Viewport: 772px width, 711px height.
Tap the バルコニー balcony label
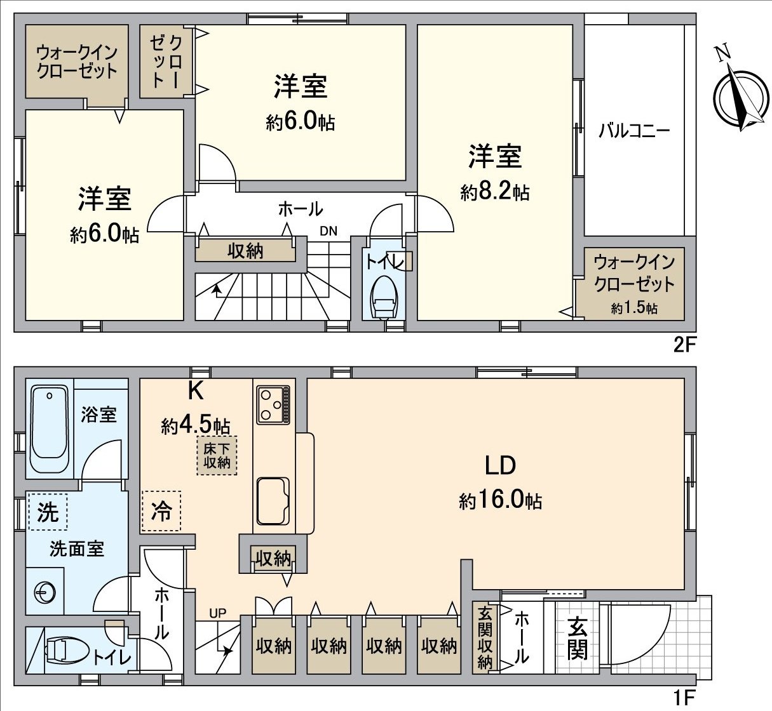click(633, 131)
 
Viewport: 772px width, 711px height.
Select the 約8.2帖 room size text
click(495, 191)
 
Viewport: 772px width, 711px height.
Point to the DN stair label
click(328, 231)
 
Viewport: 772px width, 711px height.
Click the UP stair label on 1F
click(218, 613)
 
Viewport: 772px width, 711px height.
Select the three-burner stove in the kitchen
click(274, 404)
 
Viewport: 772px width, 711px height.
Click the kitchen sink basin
click(273, 501)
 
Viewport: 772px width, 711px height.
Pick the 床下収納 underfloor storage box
click(217, 455)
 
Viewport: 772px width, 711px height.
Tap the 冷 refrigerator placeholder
click(161, 510)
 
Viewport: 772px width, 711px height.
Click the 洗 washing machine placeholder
click(48, 512)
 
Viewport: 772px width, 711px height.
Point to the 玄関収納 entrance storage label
click(485, 638)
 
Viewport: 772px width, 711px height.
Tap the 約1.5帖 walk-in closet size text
click(634, 309)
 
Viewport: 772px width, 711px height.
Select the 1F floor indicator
click(685, 699)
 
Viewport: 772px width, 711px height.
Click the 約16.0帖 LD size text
click(500, 501)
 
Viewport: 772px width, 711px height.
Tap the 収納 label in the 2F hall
click(245, 251)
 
